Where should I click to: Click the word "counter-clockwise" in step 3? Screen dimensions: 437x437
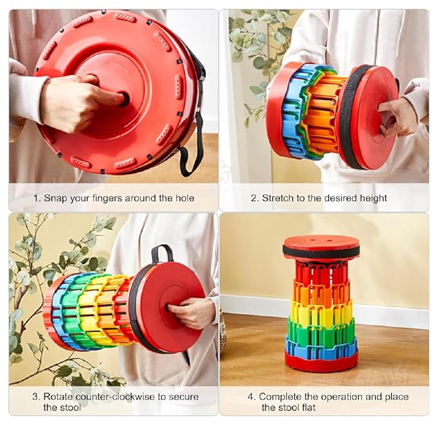pyautogui.click(x=115, y=396)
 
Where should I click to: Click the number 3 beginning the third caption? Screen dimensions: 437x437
pyautogui.click(x=35, y=396)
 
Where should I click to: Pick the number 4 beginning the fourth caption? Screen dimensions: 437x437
pyautogui.click(x=251, y=396)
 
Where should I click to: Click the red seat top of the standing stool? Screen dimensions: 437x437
pyautogui.click(x=321, y=244)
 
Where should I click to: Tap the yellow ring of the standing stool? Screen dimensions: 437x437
pyautogui.click(x=321, y=314)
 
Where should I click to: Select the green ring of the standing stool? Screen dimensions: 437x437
pyautogui.click(x=321, y=333)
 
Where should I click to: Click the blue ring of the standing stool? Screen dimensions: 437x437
pyautogui.click(x=321, y=349)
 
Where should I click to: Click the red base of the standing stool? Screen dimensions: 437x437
pyautogui.click(x=321, y=363)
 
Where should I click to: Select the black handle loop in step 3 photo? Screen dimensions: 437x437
pyautogui.click(x=162, y=252)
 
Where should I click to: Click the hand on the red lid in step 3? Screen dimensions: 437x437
pyautogui.click(x=191, y=312)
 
